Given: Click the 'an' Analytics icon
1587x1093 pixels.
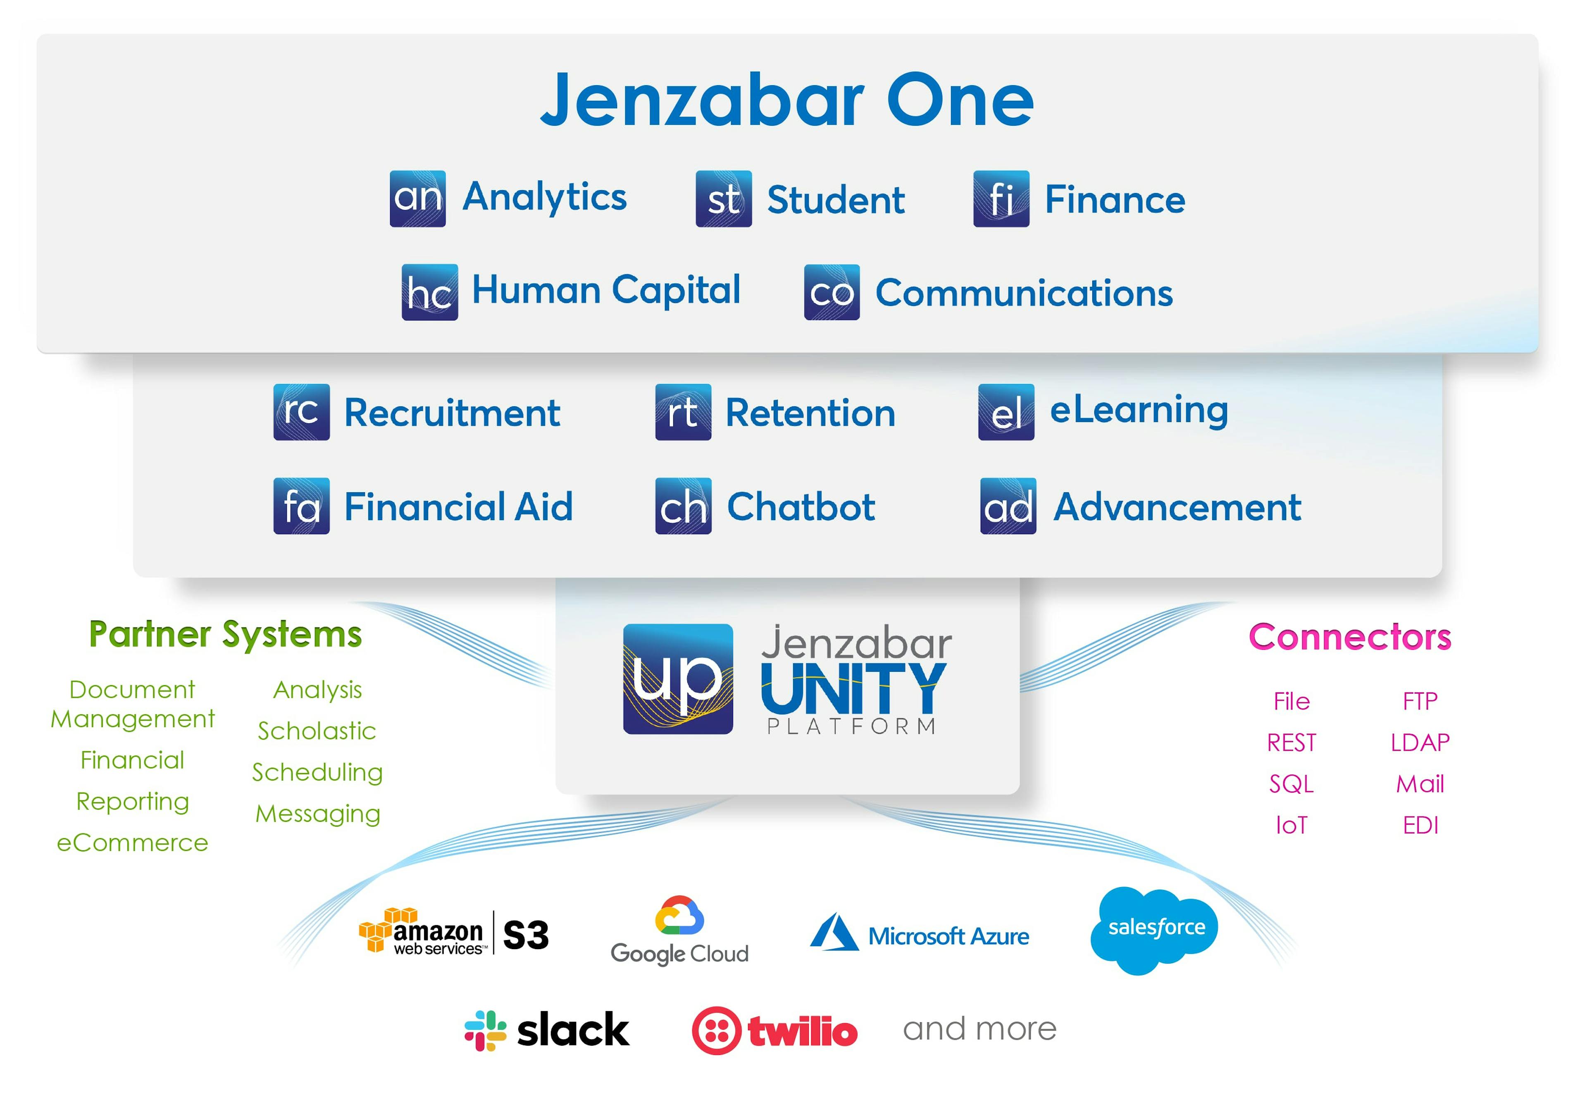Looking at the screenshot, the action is tap(418, 198).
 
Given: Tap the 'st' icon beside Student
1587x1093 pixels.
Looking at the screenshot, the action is tap(724, 198).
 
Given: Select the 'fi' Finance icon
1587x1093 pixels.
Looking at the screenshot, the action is tap(1002, 198).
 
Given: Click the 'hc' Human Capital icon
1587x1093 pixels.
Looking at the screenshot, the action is tap(430, 292).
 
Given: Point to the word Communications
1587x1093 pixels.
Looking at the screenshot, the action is tap(1024, 293).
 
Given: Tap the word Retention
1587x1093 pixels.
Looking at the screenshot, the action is tap(810, 413).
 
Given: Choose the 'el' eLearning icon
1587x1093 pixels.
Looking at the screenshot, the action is tap(1006, 412).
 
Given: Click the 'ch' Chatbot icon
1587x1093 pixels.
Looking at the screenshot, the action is tap(683, 506).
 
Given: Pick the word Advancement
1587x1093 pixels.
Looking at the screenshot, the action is tap(1177, 508).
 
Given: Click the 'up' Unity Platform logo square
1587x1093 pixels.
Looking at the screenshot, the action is tap(678, 679).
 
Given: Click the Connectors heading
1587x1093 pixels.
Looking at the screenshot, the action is tap(1350, 637).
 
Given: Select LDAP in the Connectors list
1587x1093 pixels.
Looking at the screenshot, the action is tap(1420, 742).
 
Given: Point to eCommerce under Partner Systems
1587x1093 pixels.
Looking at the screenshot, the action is tap(132, 842).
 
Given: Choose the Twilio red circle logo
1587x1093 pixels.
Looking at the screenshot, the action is tap(716, 1031).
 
